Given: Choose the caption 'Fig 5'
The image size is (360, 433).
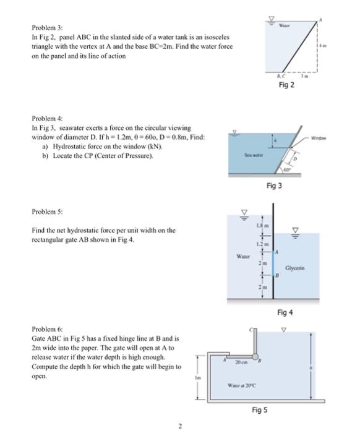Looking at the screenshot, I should click(x=260, y=410).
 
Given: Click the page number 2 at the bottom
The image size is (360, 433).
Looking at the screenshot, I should click(x=179, y=425).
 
